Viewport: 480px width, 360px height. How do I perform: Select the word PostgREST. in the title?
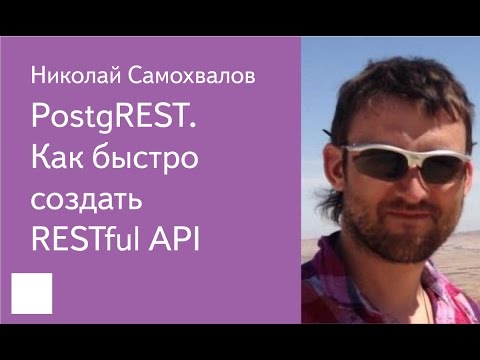(114, 121)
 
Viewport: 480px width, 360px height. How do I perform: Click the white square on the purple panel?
(30, 294)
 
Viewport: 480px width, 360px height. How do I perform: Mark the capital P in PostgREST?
(40, 121)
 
